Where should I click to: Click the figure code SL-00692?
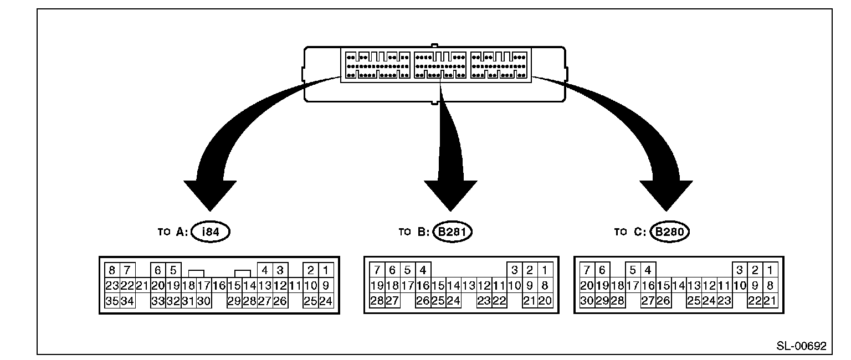point(801,346)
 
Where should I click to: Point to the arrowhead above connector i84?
point(210,194)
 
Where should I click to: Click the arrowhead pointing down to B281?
point(450,194)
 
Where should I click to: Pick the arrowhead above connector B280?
point(667,194)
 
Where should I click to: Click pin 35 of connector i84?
point(112,301)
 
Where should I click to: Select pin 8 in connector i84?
point(112,270)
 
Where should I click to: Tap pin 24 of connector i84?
point(326,301)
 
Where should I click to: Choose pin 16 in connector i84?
point(219,286)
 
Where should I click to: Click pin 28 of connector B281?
point(377,301)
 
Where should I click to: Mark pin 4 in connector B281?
point(423,270)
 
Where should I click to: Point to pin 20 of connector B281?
point(545,301)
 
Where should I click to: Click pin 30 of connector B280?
point(587,301)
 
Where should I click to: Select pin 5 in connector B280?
point(633,270)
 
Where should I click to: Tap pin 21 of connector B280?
point(770,301)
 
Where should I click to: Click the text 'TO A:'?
point(173,232)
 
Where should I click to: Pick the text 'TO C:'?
point(630,232)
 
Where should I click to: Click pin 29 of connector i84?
point(234,301)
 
